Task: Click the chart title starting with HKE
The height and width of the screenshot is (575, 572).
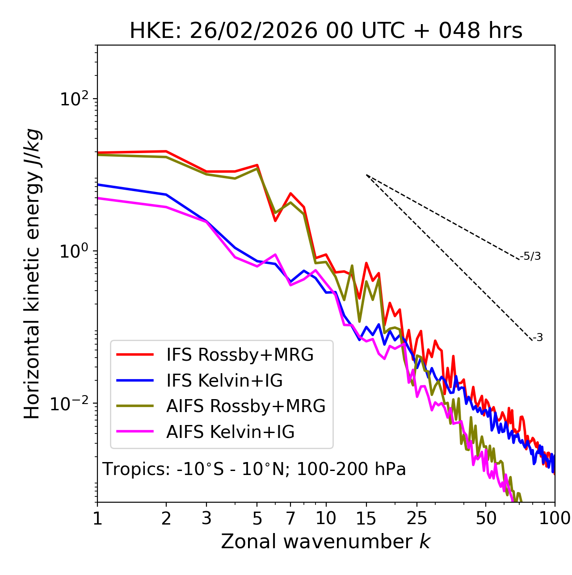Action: [x=326, y=31]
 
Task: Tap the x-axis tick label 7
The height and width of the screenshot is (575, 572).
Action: [x=290, y=519]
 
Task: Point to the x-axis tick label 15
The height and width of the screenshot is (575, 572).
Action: [x=366, y=519]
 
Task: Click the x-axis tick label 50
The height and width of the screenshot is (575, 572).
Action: [x=486, y=519]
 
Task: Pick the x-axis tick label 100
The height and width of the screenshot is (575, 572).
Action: [x=554, y=519]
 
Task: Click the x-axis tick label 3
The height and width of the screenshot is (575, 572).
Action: [x=206, y=519]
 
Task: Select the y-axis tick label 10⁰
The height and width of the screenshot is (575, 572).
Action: [x=73, y=251]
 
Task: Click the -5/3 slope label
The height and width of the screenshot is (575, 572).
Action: [x=530, y=256]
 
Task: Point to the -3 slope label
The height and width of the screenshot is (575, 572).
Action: [x=538, y=338]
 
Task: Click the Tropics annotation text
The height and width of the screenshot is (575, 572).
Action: [x=254, y=469]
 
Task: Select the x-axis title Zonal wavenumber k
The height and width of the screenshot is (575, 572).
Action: [x=326, y=542]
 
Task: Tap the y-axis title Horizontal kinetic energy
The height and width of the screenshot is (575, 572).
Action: [x=33, y=274]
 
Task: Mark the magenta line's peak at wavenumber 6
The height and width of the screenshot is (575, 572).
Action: [x=275, y=254]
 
